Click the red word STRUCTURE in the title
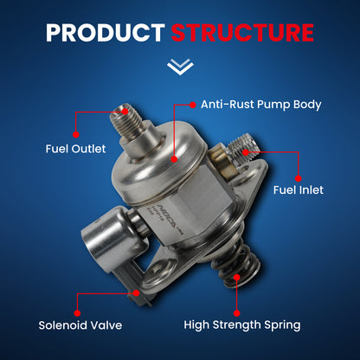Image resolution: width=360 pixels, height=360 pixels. pyautogui.click(x=241, y=33)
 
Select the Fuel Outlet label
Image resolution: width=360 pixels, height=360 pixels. pyautogui.click(x=75, y=149)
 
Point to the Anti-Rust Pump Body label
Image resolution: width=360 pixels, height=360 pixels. pyautogui.click(x=260, y=105)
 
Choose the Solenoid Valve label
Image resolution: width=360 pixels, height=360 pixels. pyautogui.click(x=80, y=325)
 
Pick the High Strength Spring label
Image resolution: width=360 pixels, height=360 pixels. pyautogui.click(x=242, y=325)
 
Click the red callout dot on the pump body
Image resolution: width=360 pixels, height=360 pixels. pyautogui.click(x=175, y=158)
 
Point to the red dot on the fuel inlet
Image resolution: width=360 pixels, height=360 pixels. pyautogui.click(x=247, y=153)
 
